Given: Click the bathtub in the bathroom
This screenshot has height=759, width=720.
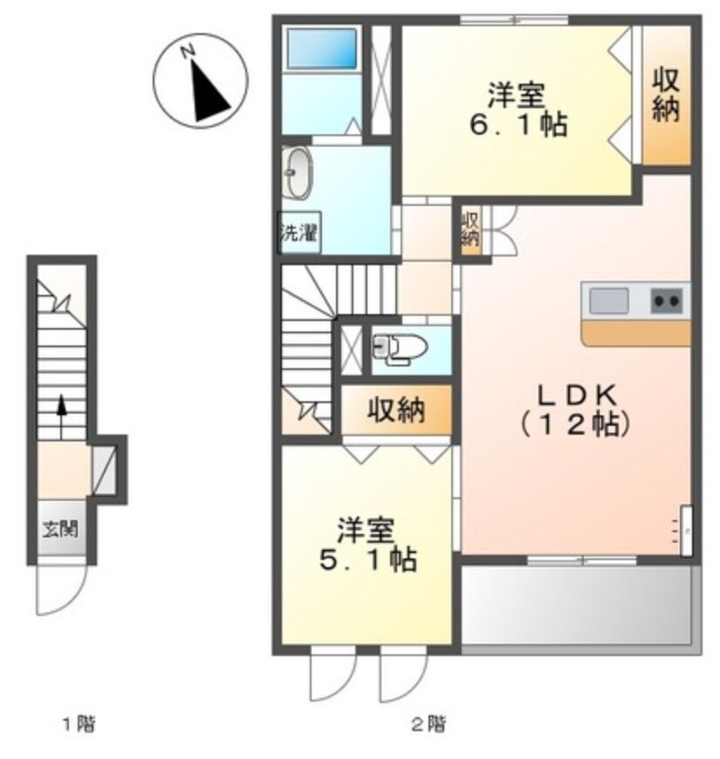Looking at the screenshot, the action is pos(321,48).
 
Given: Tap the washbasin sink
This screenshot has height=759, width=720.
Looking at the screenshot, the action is pos(297,173).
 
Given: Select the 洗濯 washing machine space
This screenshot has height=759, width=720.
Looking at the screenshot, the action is pos(298,232).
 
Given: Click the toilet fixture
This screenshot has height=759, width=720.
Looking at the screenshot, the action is pos(400,348).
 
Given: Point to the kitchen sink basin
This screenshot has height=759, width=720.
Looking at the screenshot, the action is pos(609,300).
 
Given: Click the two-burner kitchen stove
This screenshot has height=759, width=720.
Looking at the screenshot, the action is pos(666,300).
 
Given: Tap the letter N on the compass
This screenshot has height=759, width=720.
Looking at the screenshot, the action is pos(188,51).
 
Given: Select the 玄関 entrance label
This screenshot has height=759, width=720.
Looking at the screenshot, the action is pos(60,529).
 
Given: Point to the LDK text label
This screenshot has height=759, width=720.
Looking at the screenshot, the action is pos(577,395).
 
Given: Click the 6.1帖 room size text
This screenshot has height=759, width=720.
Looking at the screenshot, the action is pos(518,126).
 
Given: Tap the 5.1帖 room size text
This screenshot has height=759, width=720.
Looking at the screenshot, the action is pos(367,559).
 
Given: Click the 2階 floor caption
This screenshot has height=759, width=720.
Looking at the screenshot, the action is pos(429,724).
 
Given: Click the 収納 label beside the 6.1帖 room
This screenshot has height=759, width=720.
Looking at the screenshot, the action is pos(666,95).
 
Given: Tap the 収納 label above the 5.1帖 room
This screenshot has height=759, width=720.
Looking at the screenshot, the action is pos(395,411).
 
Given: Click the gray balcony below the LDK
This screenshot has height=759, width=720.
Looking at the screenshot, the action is pos(577,605).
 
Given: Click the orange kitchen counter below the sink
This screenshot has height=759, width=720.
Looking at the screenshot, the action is pos(636,333).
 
